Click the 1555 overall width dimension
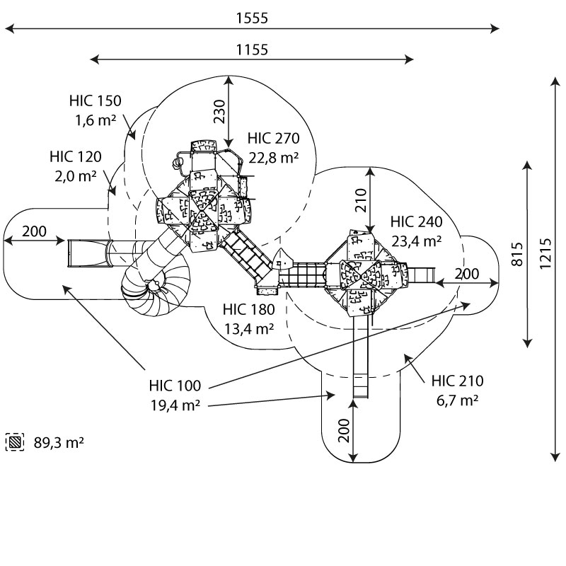(252, 18)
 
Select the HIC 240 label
(416, 222)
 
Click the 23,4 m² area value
(416, 241)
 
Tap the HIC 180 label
(248, 310)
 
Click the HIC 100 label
(175, 386)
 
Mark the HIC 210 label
(458, 381)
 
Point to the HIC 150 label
(96, 101)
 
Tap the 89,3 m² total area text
(59, 443)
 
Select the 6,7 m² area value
(458, 400)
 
